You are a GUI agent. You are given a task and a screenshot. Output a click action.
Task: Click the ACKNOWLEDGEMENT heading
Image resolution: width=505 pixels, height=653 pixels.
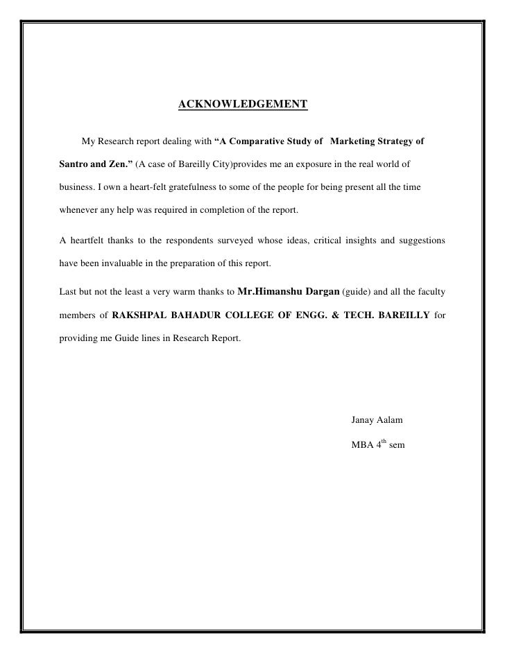[x=243, y=105]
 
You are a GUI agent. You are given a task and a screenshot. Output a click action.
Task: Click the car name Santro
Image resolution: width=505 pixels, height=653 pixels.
[x=71, y=166]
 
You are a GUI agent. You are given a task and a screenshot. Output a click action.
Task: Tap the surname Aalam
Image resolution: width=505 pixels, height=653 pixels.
[x=393, y=421]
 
